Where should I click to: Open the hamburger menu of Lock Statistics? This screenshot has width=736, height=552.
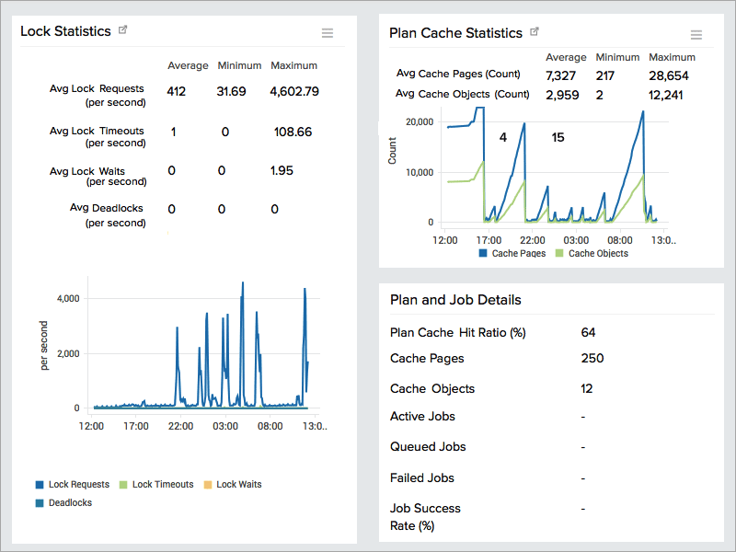(x=328, y=33)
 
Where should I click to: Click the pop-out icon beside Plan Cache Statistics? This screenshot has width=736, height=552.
(x=535, y=32)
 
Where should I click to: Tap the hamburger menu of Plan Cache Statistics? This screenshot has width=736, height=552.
(x=696, y=35)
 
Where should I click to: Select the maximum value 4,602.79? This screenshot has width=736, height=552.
(x=294, y=91)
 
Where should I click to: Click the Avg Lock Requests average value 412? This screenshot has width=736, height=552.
(x=177, y=91)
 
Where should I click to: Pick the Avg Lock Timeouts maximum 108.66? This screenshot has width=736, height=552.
(x=293, y=132)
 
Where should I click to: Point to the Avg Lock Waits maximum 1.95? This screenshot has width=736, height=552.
(x=282, y=171)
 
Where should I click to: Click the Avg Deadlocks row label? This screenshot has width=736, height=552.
(x=107, y=209)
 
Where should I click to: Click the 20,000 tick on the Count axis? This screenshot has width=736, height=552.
(x=419, y=121)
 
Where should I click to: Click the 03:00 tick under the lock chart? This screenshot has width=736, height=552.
(x=225, y=427)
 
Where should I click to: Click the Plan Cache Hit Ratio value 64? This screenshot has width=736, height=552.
(x=589, y=332)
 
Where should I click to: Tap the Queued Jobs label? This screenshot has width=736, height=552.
(x=428, y=447)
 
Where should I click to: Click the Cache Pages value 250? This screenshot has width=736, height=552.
(x=593, y=359)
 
